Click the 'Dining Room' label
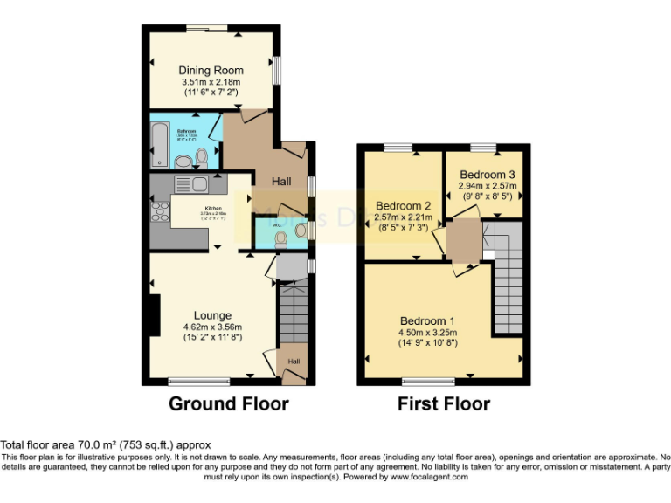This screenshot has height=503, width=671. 211,70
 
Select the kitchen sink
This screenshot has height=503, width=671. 190,183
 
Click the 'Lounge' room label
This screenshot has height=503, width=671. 212,315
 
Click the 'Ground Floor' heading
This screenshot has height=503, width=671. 228,403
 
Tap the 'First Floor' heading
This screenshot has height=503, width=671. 443,403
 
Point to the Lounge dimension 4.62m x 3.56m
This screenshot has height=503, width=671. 212,327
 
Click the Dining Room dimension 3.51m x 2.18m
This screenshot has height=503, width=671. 211,81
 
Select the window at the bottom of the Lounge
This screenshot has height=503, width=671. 199,381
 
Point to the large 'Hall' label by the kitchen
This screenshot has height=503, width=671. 281,182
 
